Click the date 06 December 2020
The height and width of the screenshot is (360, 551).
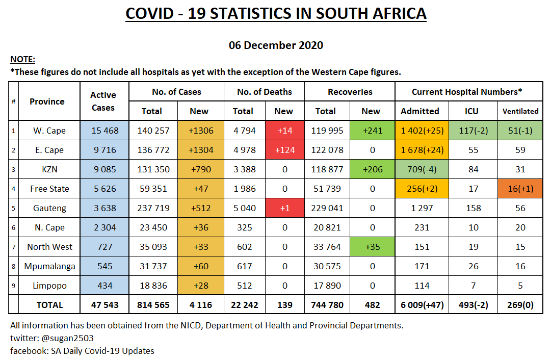pyautogui.click(x=276, y=45)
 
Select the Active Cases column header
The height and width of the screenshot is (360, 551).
pyautogui.click(x=103, y=101)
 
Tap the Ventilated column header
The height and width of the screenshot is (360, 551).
pyautogui.click(x=520, y=111)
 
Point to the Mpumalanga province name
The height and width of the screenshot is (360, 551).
pyautogui.click(x=49, y=266)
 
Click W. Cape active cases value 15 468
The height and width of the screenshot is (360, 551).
pyautogui.click(x=104, y=131)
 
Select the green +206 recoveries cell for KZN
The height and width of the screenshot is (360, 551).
pyautogui.click(x=371, y=169)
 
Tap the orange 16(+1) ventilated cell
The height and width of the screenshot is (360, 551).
pyautogui.click(x=520, y=189)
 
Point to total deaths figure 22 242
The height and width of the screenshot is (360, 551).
pyautogui.click(x=243, y=305)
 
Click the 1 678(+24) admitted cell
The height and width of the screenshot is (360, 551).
pyautogui.click(x=422, y=150)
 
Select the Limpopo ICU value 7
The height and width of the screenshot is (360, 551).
pyautogui.click(x=473, y=286)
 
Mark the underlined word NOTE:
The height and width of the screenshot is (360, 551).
pyautogui.click(x=22, y=60)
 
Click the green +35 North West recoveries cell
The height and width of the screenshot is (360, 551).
pyautogui.click(x=371, y=247)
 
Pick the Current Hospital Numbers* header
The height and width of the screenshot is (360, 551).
pyautogui.click(x=467, y=92)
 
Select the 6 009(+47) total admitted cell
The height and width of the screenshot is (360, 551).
pyautogui.click(x=422, y=305)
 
